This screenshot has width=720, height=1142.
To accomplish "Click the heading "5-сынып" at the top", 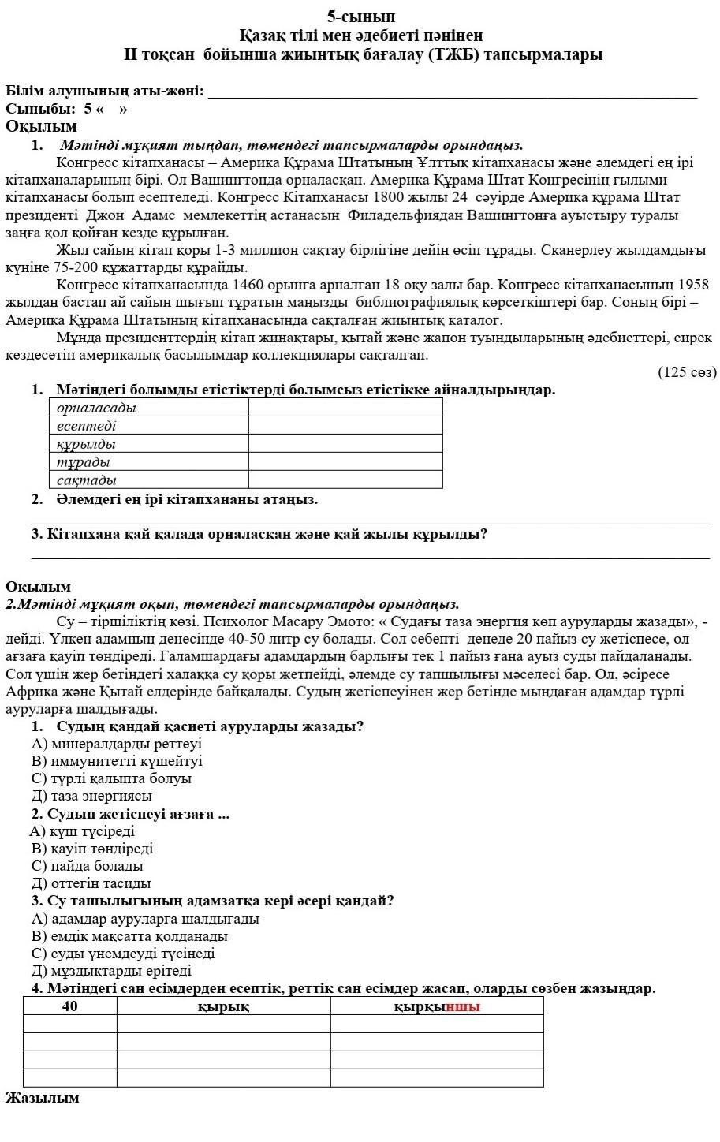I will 361,17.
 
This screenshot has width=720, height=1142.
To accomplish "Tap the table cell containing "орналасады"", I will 149,408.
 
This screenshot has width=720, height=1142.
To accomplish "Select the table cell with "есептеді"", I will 149,426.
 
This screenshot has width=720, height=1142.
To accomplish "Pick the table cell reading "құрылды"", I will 149,444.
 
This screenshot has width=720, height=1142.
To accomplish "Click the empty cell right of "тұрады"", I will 345,462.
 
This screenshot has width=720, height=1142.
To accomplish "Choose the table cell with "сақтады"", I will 149,480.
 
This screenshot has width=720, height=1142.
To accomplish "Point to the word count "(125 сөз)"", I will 687,372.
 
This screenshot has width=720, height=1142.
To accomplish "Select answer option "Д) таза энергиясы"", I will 91,797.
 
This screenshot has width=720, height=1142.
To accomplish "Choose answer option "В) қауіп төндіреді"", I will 92,849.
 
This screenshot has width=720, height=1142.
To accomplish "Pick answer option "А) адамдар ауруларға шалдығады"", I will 145,919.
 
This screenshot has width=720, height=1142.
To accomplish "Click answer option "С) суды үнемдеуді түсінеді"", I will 123,954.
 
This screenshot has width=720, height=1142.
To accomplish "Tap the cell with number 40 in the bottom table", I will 70,1006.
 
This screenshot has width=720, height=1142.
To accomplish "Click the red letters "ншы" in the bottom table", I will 463,1007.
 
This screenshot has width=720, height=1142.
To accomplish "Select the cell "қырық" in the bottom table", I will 223,1006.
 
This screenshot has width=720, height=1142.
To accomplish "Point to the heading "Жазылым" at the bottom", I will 43,1098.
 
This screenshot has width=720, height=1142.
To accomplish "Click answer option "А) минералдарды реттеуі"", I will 117,744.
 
